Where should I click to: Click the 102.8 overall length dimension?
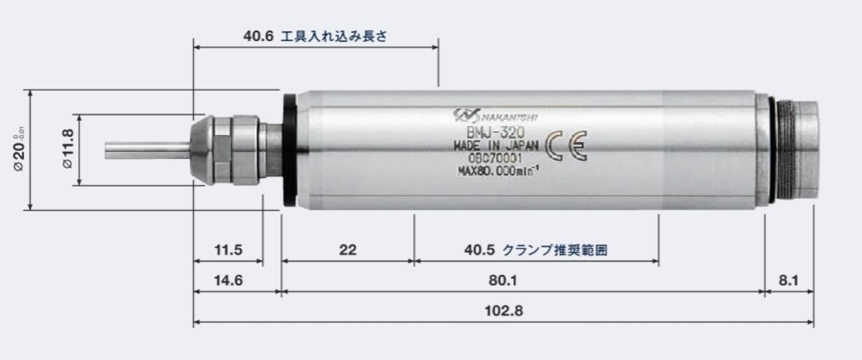click(x=503, y=310)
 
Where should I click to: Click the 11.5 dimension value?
click(x=228, y=250)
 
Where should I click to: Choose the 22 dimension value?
click(x=347, y=250)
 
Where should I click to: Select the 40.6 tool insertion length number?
click(x=258, y=36)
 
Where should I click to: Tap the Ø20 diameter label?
click(x=18, y=150)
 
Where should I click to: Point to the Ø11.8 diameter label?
click(x=68, y=150)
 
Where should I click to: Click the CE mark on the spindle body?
click(x=566, y=145)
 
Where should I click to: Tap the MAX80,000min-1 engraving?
click(x=498, y=171)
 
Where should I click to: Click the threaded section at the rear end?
click(x=786, y=150)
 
